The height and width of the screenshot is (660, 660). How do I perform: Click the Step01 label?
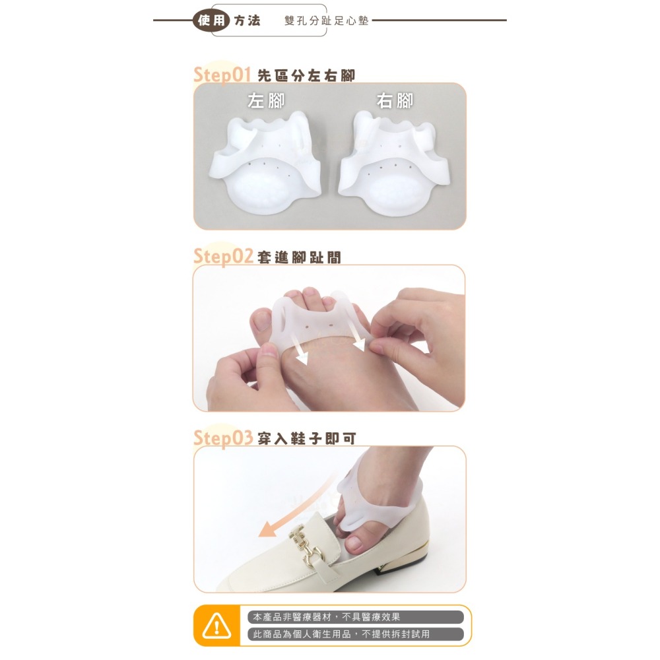pos(223,75)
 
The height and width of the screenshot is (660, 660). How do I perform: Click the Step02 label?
pos(223,256)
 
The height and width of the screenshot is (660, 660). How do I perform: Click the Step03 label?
pos(223,438)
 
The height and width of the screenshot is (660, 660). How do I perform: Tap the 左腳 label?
pos(266,101)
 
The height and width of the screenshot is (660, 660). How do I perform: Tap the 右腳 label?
pos(395,101)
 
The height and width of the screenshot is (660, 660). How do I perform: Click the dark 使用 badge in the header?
pos(211,20)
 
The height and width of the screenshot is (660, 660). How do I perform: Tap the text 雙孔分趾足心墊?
pos(326,21)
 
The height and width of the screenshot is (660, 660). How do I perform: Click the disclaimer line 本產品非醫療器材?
pos(326,617)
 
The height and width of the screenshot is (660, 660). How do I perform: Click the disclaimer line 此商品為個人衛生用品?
pos(341,634)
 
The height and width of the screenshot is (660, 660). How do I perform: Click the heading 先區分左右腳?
pos(306,76)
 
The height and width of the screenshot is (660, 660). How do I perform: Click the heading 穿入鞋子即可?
pos(306,438)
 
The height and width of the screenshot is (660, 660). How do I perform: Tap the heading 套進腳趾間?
pos(299,257)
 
